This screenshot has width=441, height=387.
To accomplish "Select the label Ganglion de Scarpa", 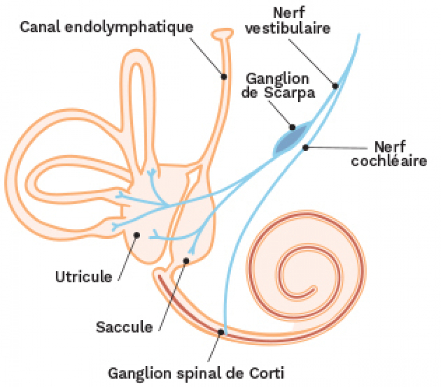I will point(281,85).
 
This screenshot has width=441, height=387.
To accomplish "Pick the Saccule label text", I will point(124,327).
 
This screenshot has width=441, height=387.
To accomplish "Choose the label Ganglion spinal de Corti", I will point(196,374).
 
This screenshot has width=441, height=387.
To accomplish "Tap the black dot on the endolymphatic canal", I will point(224,77).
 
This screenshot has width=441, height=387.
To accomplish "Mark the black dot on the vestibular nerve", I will point(335,85).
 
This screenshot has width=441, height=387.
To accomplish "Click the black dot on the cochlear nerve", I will point(306,147).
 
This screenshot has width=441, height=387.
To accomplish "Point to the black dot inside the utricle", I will point(137,236).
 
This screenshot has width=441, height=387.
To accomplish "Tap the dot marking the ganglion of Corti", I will point(222,332).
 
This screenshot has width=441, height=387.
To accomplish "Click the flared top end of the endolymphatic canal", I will point(223,34).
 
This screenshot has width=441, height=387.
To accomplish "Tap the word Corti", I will point(268,374).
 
